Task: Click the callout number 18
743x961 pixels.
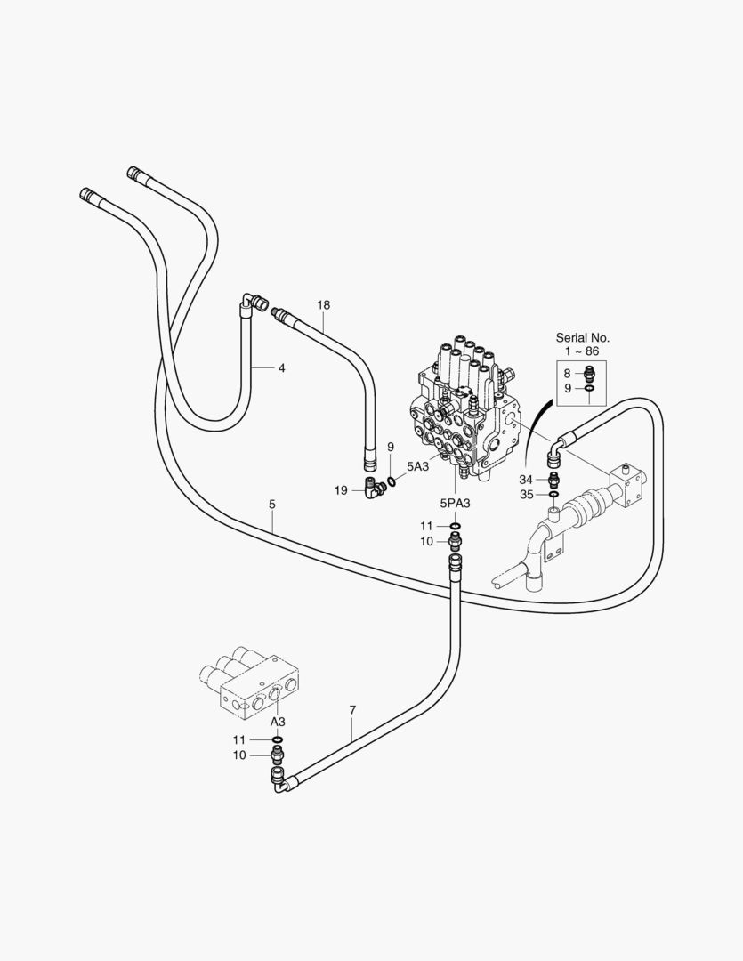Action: (323, 305)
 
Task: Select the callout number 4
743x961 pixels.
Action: (281, 367)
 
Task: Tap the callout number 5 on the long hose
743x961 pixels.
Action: (271, 505)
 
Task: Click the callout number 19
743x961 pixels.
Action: (341, 489)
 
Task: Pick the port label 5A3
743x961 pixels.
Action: (418, 465)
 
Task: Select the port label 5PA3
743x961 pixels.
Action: (455, 503)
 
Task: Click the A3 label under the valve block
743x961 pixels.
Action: (277, 721)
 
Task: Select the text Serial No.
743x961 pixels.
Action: (583, 338)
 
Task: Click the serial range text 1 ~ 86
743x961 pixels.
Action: (583, 352)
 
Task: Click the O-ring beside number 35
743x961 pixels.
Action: (554, 495)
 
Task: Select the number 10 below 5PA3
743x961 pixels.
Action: (426, 541)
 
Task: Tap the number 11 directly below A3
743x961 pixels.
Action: (238, 739)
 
